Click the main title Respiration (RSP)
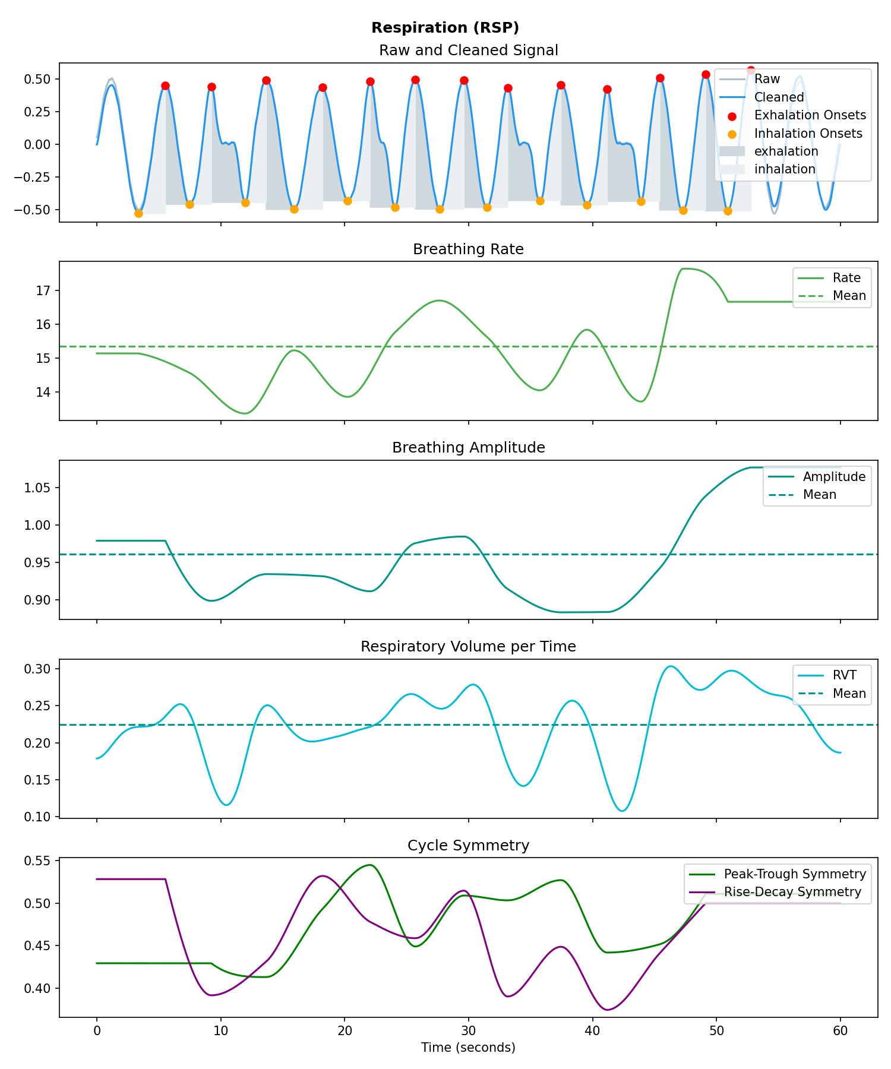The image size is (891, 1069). point(445,28)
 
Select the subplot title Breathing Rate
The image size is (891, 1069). point(468,249)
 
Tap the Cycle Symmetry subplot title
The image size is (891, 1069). point(468,845)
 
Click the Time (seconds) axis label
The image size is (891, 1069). point(468,1048)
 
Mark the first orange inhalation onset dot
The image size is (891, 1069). point(138,213)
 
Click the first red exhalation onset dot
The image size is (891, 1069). point(165,86)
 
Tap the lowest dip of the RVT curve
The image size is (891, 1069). point(622,811)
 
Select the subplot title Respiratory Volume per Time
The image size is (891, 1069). point(468,646)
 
